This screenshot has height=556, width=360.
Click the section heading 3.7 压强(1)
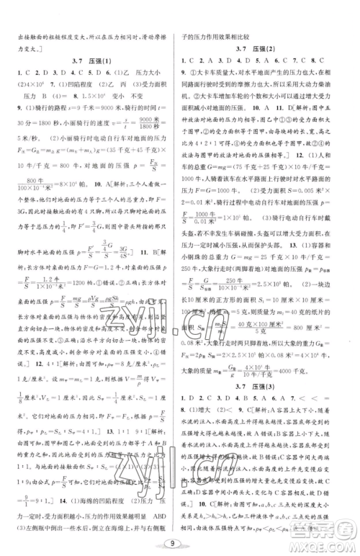coord(89,62)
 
